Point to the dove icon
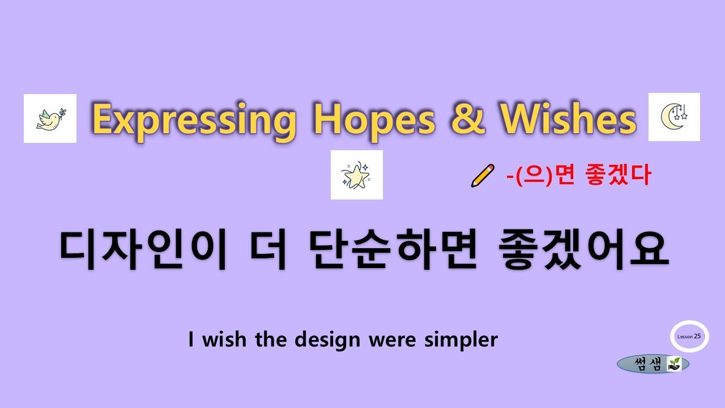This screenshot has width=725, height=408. [x=50, y=118]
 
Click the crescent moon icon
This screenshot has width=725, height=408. [x=674, y=117]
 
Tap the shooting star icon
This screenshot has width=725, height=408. [x=356, y=175]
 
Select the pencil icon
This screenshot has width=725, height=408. [x=483, y=176]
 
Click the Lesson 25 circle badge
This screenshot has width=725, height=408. [x=689, y=336]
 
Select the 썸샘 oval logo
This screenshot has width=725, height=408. [x=653, y=364]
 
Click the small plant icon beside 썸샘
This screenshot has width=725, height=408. [x=674, y=364]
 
